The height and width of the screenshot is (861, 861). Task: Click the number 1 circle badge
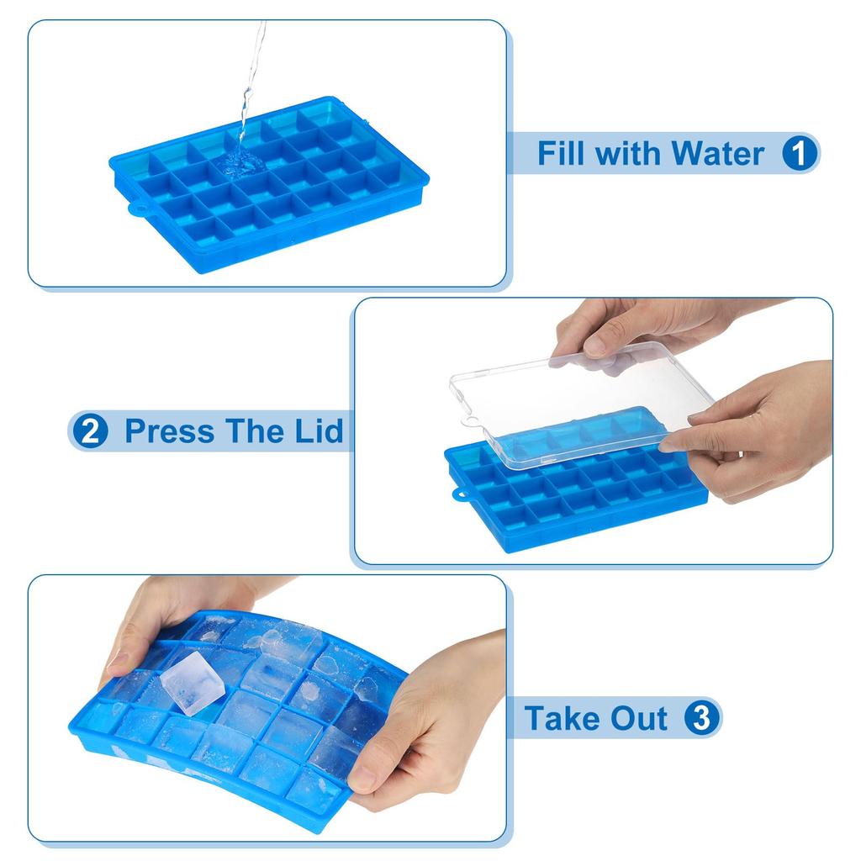[x=800, y=153]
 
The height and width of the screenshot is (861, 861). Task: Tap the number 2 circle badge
[x=89, y=431]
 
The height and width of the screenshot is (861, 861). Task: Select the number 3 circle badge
[x=702, y=718]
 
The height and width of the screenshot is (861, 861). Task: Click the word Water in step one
[x=717, y=154]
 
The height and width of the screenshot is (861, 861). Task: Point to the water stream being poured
[x=250, y=84]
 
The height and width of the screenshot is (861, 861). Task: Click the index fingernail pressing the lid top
[x=595, y=343]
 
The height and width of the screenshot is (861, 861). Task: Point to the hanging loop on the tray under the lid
[x=459, y=495]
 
